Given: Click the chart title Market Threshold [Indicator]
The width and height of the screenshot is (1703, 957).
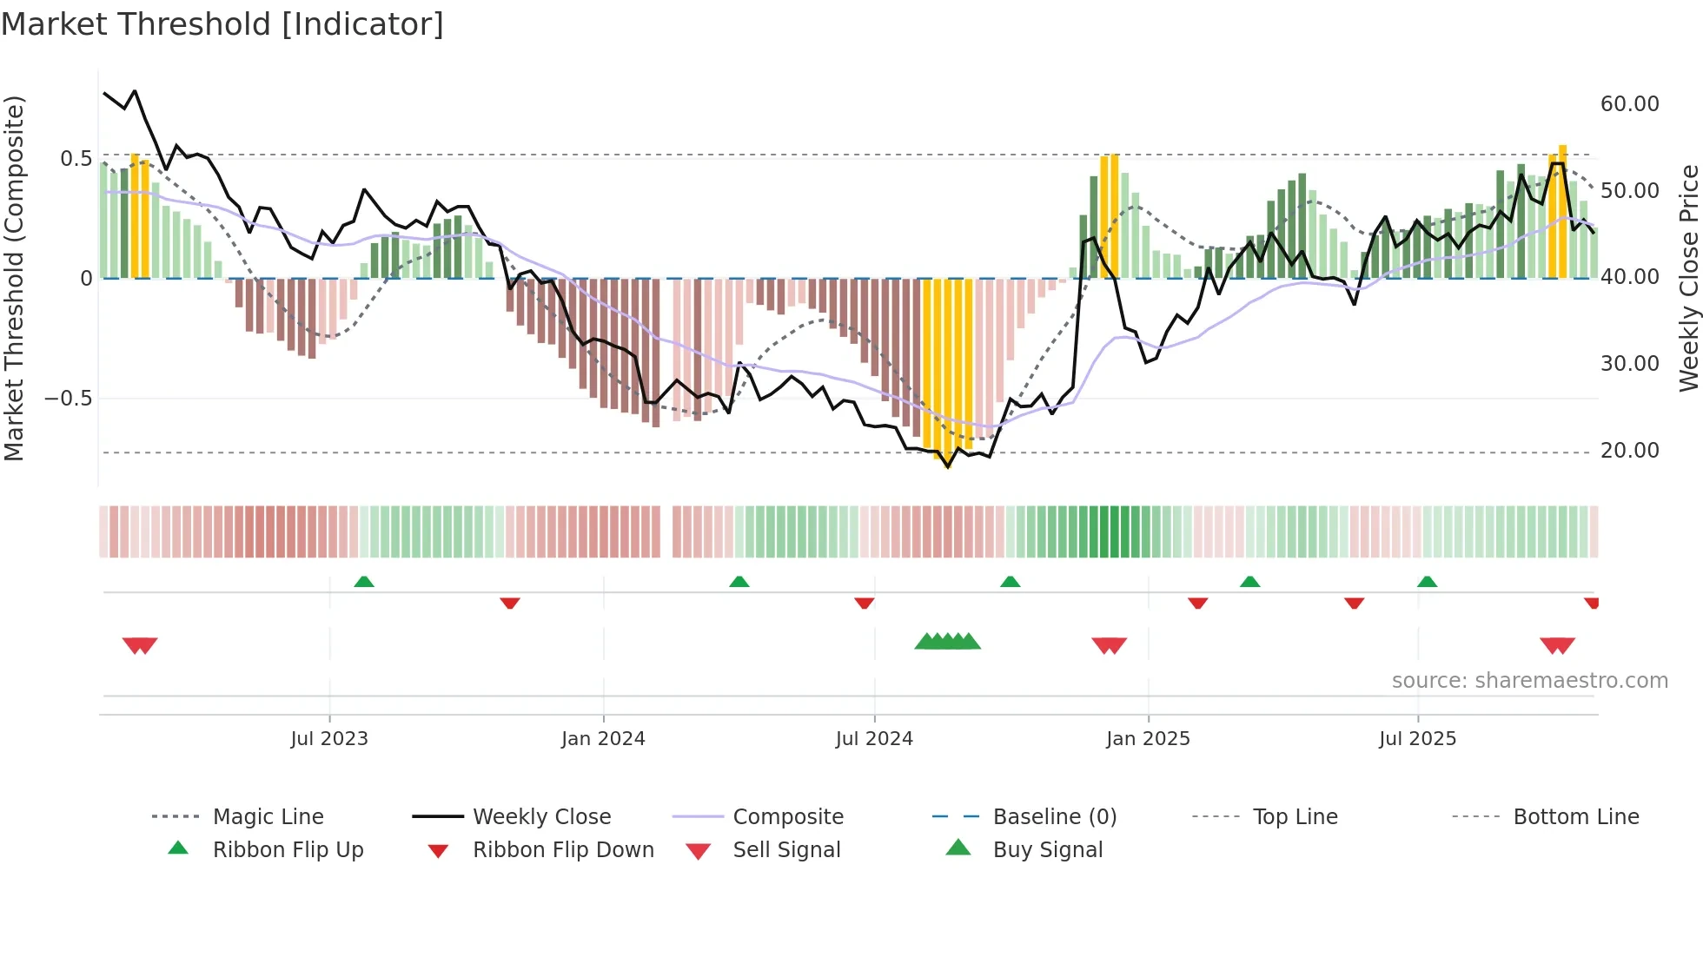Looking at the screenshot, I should tap(222, 24).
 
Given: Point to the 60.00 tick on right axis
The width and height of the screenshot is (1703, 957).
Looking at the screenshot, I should tap(1629, 104).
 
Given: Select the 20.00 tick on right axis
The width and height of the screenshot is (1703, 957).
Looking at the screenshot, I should tap(1629, 451).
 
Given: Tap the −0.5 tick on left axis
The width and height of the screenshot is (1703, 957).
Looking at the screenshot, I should tap(69, 399).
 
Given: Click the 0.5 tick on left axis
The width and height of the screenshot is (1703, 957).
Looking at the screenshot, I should tap(76, 158).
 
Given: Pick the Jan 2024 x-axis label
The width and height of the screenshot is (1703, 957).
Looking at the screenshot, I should tap(603, 739).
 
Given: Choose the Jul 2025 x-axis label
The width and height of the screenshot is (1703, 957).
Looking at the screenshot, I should tap(1417, 739).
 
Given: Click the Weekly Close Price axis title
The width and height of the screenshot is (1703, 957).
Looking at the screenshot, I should tap(1688, 278).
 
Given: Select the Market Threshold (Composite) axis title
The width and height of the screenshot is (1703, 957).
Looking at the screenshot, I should tap(14, 278).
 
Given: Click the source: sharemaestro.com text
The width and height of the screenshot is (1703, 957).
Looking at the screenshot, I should tap(1529, 681).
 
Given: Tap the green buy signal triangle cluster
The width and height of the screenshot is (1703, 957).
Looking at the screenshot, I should tap(947, 642).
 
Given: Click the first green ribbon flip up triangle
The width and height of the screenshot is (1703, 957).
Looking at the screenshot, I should tap(364, 582).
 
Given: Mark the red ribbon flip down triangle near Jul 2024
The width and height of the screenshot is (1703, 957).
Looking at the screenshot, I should tap(864, 603).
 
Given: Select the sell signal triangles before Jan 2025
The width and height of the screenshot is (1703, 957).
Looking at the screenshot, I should tap(1109, 645).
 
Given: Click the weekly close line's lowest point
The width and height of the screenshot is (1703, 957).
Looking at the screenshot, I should tap(948, 467).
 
